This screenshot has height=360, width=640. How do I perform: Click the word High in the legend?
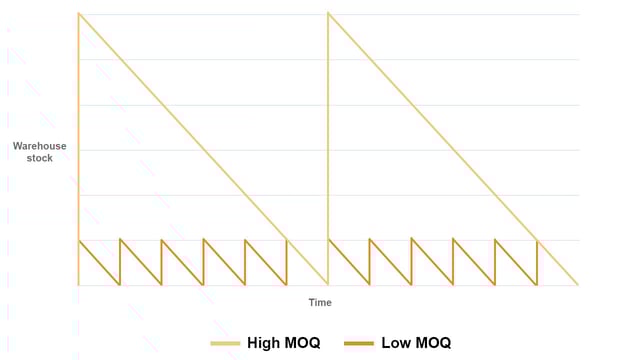click(x=263, y=343)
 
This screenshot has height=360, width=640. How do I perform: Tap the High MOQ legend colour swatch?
click(x=225, y=343)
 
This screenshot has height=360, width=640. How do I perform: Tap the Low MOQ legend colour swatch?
click(x=358, y=343)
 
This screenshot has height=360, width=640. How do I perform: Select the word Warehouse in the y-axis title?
click(x=40, y=146)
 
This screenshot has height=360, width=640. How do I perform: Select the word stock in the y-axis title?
click(x=40, y=158)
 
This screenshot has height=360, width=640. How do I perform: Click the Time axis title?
click(x=320, y=302)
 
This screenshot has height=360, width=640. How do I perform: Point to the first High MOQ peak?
click(x=78, y=13)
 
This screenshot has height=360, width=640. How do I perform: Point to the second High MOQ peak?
click(x=328, y=13)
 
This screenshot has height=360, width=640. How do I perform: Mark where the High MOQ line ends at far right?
click(x=578, y=285)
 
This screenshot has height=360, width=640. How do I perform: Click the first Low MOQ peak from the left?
click(x=78, y=240)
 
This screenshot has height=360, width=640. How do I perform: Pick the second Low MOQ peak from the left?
click(x=120, y=240)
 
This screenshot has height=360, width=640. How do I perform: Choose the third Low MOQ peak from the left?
click(x=161, y=240)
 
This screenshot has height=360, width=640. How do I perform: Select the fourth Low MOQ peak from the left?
click(x=203, y=240)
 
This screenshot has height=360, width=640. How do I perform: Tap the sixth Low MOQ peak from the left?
click(x=286, y=240)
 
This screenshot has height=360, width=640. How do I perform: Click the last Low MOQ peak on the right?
click(x=537, y=240)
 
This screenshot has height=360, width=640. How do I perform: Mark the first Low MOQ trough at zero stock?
click(x=119, y=285)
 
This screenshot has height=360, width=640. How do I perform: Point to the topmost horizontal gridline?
click(x=450, y=14)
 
